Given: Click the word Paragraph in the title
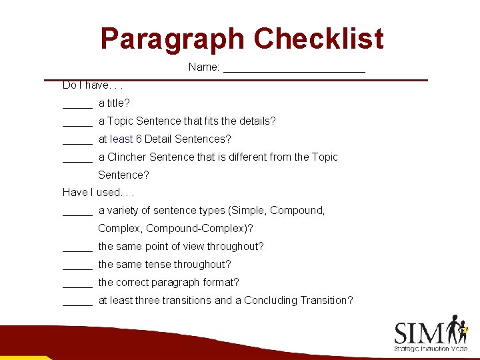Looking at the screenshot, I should [x=173, y=39].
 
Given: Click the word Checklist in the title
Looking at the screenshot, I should [x=319, y=39].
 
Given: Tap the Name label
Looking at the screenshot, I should [x=204, y=67].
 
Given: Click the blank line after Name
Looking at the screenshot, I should [x=294, y=69].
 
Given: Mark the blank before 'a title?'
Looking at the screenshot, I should [x=77, y=105].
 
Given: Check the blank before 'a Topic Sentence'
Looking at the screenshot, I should [x=77, y=123].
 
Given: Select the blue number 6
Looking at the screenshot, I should [x=139, y=139].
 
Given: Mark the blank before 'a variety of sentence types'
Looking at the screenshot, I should [x=77, y=213].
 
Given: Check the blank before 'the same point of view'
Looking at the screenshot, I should [x=77, y=249].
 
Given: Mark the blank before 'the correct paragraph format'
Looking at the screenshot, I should [x=77, y=285].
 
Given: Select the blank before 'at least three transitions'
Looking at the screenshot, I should [x=77, y=303].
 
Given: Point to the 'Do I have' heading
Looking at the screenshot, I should [x=93, y=85].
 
